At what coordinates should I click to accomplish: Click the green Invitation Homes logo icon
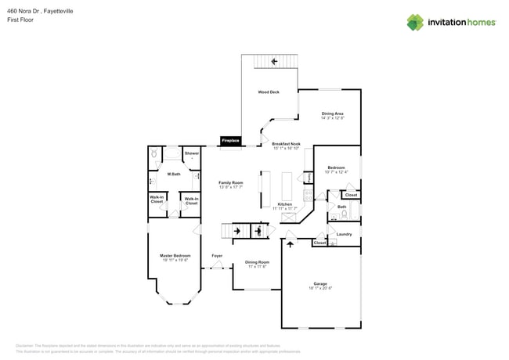[415, 22]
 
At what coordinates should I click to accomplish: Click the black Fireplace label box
[230, 141]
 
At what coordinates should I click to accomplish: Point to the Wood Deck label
[269, 92]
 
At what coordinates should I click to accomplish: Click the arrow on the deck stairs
[274, 61]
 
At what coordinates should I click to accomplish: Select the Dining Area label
[333, 114]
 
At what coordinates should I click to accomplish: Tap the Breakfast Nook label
[287, 144]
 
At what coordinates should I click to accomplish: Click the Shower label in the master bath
[191, 153]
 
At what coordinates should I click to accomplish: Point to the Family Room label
[231, 182]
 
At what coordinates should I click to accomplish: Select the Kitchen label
[284, 204]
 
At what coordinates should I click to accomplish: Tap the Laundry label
[344, 234]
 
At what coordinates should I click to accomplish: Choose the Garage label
[320, 283]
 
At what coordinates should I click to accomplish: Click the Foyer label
[217, 256]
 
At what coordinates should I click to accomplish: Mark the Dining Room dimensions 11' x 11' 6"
[257, 267]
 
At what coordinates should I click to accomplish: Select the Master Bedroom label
[175, 256]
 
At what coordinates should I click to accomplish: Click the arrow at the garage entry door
[291, 243]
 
